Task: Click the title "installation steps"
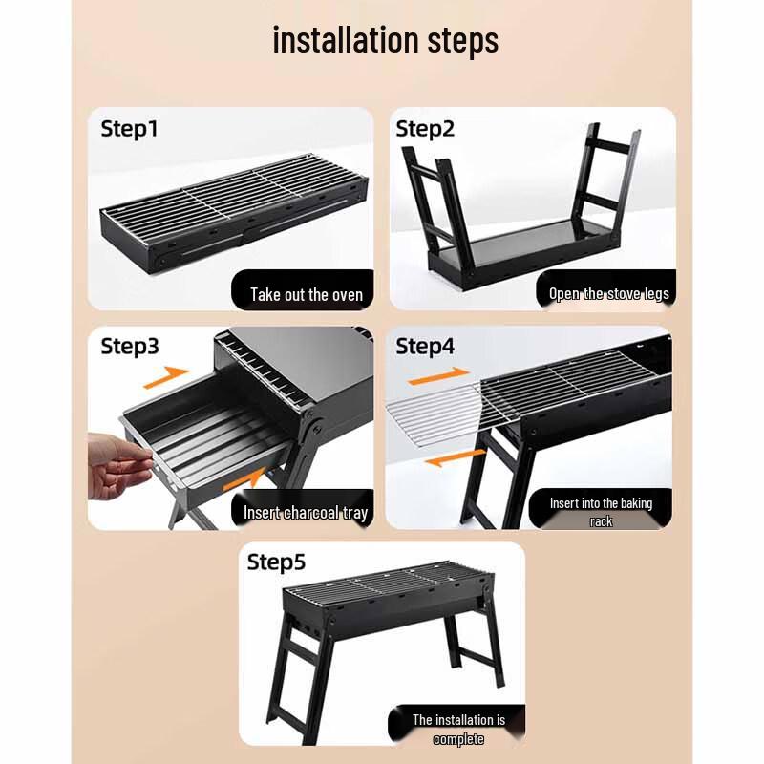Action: pyautogui.click(x=385, y=41)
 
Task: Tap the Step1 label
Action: pyautogui.click(x=129, y=129)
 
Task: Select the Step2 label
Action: pyautogui.click(x=425, y=129)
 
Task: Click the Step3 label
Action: pyautogui.click(x=130, y=347)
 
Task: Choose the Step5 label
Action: pyautogui.click(x=277, y=562)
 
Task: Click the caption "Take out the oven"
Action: pyautogui.click(x=307, y=294)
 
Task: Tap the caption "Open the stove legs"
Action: pyautogui.click(x=608, y=293)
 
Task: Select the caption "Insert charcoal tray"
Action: pyautogui.click(x=305, y=513)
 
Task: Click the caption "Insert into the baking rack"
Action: pyautogui.click(x=601, y=512)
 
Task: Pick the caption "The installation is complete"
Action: pyautogui.click(x=458, y=730)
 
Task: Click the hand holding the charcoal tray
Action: pyautogui.click(x=115, y=463)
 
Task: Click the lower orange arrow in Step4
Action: pyautogui.click(x=449, y=460)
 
